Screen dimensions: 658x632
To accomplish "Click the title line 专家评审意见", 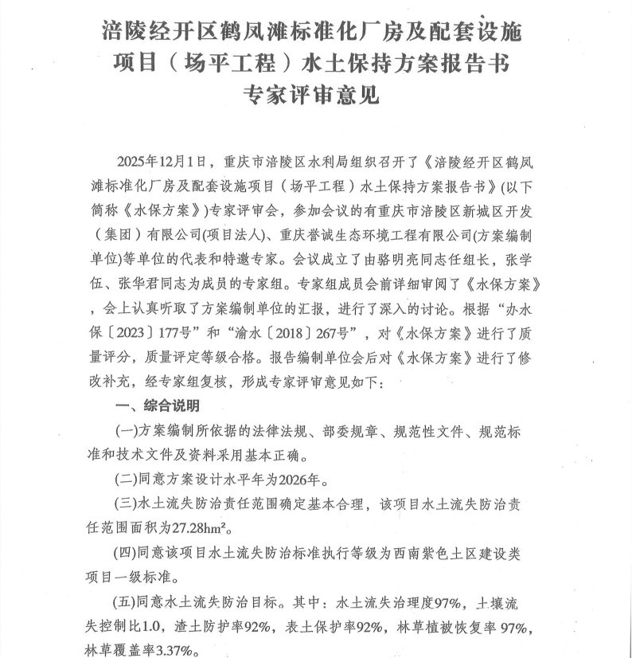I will pyautogui.click(x=316, y=95).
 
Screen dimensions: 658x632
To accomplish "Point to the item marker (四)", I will pyautogui.click(x=127, y=553).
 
